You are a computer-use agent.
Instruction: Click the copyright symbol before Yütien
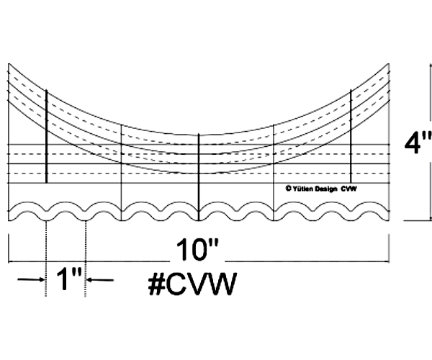287,189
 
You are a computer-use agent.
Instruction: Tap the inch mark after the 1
78,274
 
